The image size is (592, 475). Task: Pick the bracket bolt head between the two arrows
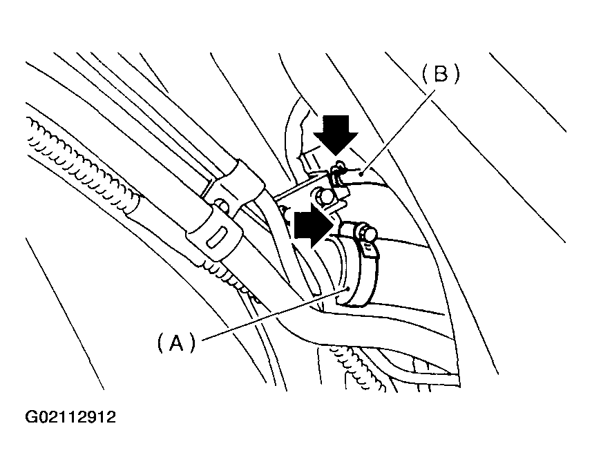click(322, 197)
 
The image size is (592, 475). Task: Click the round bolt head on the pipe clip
click(222, 205)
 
